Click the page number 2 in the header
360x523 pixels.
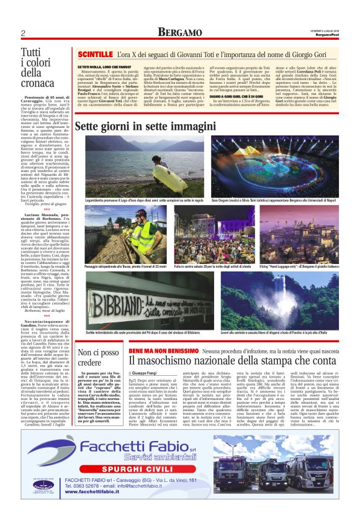[23, 32]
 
